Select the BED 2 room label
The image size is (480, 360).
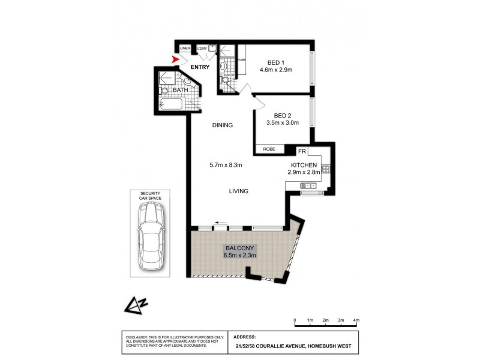pos(283,116)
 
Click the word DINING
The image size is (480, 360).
pos(222,125)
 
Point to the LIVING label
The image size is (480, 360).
pos(238,191)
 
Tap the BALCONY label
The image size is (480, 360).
pos(240,248)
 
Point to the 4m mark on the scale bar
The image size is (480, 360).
pos(356,320)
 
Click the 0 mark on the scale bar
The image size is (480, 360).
pos(295,320)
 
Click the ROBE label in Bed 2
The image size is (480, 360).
pos(269,149)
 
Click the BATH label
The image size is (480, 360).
pos(181,90)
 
